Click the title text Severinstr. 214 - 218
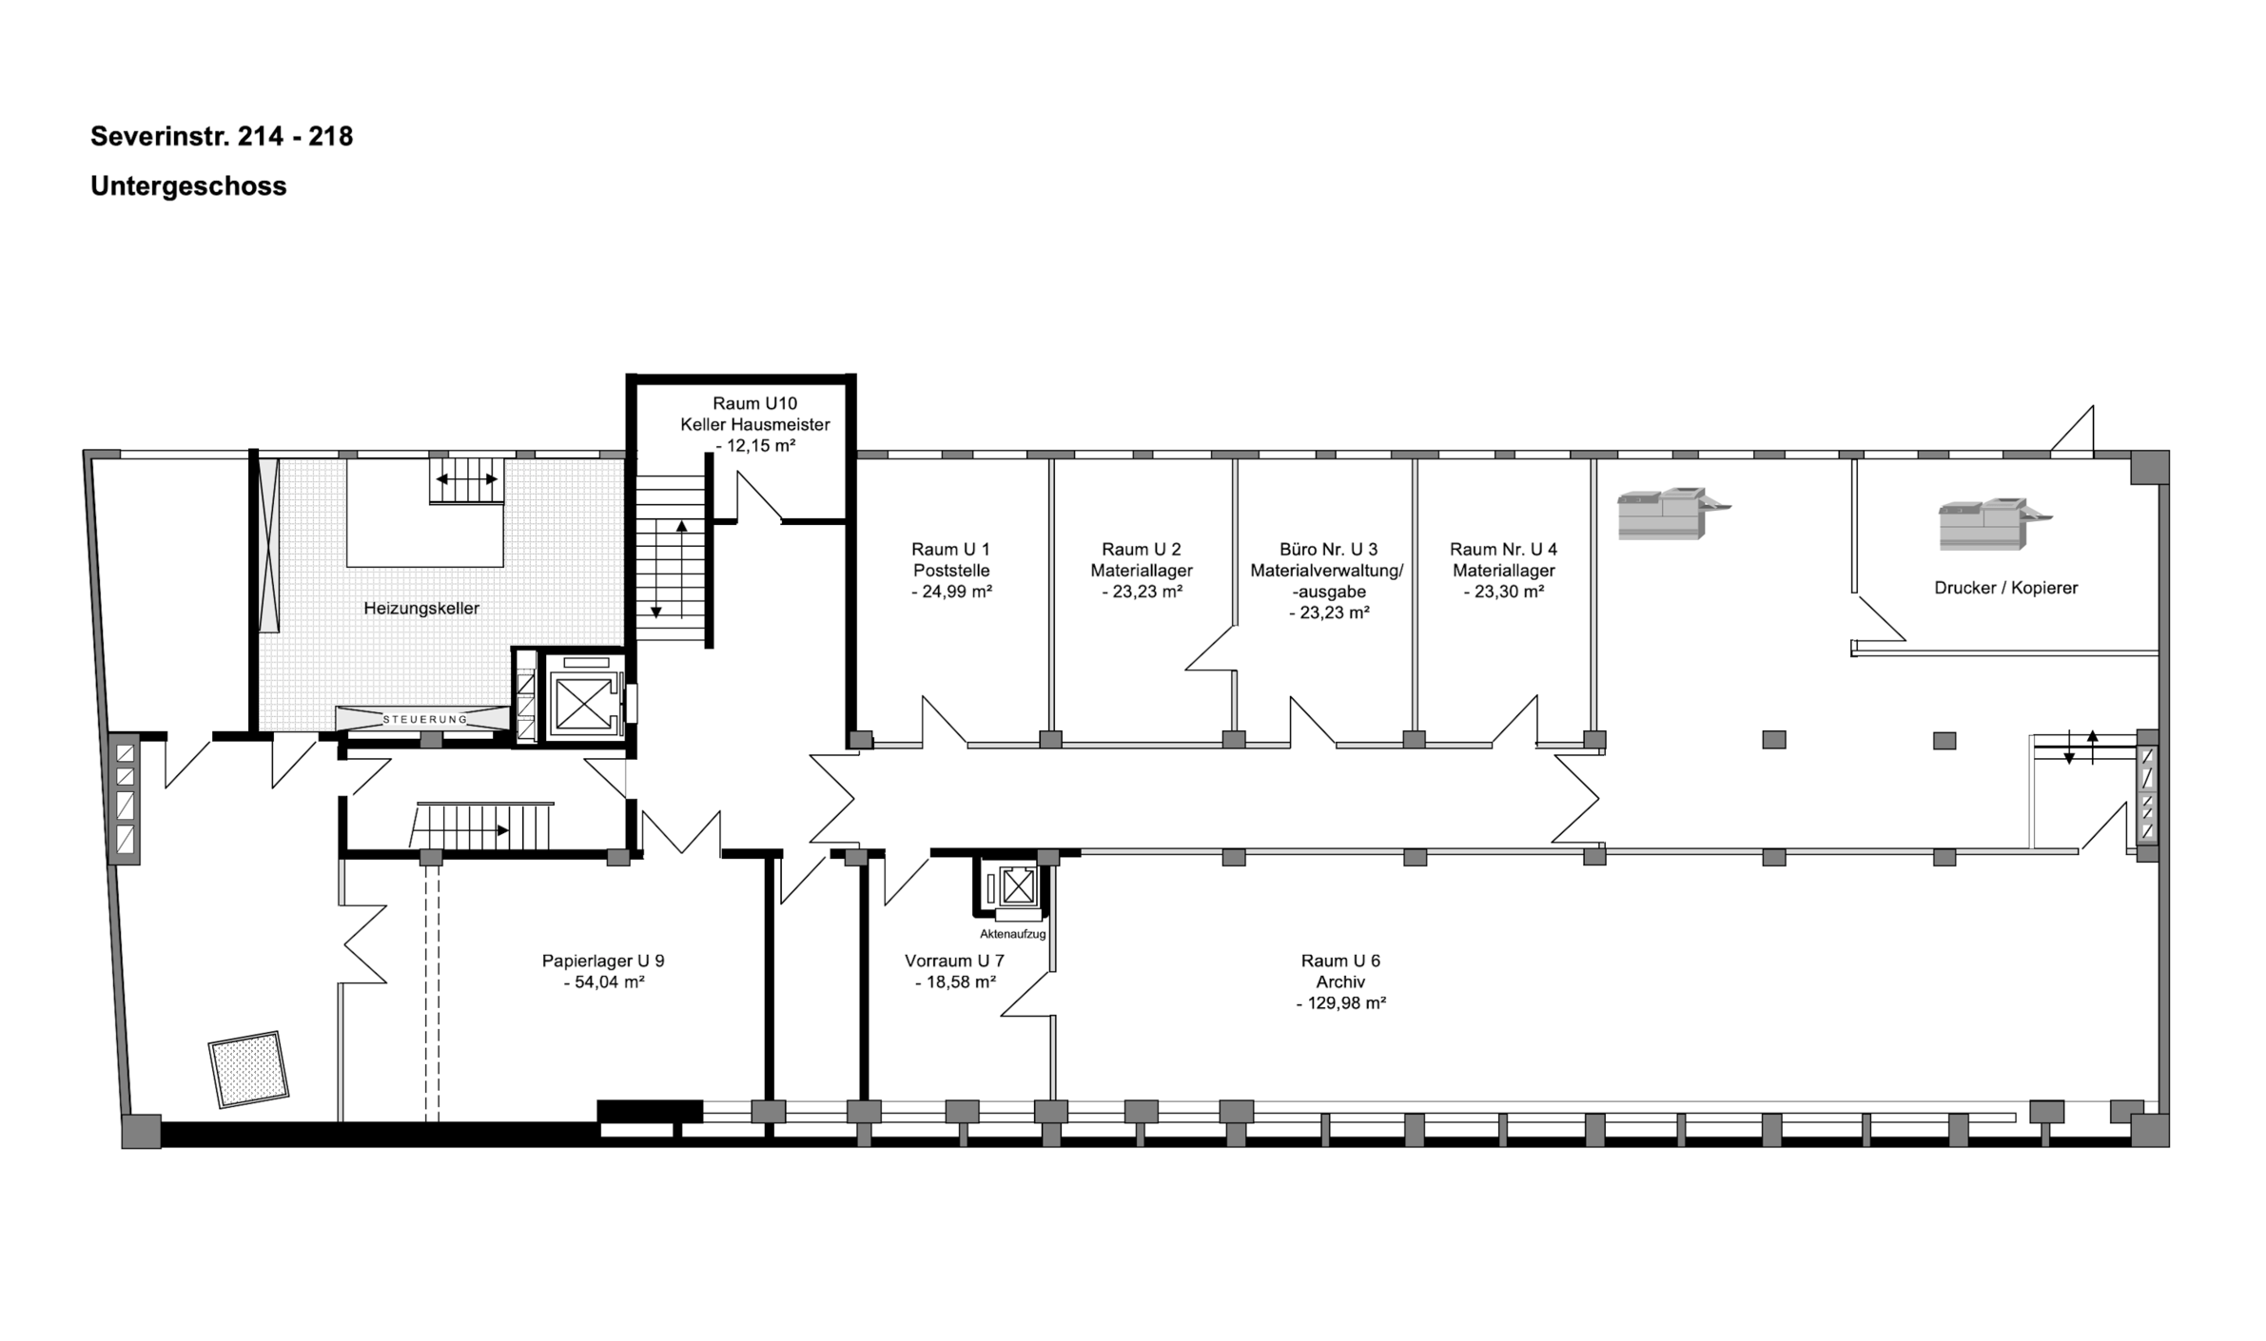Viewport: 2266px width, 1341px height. (222, 137)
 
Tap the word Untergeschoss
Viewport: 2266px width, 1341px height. (188, 186)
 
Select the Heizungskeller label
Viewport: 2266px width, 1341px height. (421, 609)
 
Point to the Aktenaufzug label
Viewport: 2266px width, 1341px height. (1012, 934)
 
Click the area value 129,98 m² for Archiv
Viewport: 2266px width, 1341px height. (1340, 1003)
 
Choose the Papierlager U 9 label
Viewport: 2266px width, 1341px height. (603, 961)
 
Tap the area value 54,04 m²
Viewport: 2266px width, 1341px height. (603, 982)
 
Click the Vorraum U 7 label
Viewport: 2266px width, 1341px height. (954, 961)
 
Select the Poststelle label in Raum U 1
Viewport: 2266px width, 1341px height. (951, 571)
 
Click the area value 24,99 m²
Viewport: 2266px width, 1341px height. (951, 592)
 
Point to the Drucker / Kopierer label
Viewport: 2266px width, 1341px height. (2005, 588)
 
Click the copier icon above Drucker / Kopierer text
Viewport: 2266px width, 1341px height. (1995, 524)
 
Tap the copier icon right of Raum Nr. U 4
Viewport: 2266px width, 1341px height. (1674, 514)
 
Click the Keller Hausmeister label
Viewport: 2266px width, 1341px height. (755, 425)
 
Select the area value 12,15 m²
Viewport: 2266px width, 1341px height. (755, 446)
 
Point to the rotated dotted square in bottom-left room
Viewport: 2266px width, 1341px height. (248, 1069)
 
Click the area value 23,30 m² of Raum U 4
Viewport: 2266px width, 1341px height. (1503, 592)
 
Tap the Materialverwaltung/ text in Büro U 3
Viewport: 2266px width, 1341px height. (1327, 571)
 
